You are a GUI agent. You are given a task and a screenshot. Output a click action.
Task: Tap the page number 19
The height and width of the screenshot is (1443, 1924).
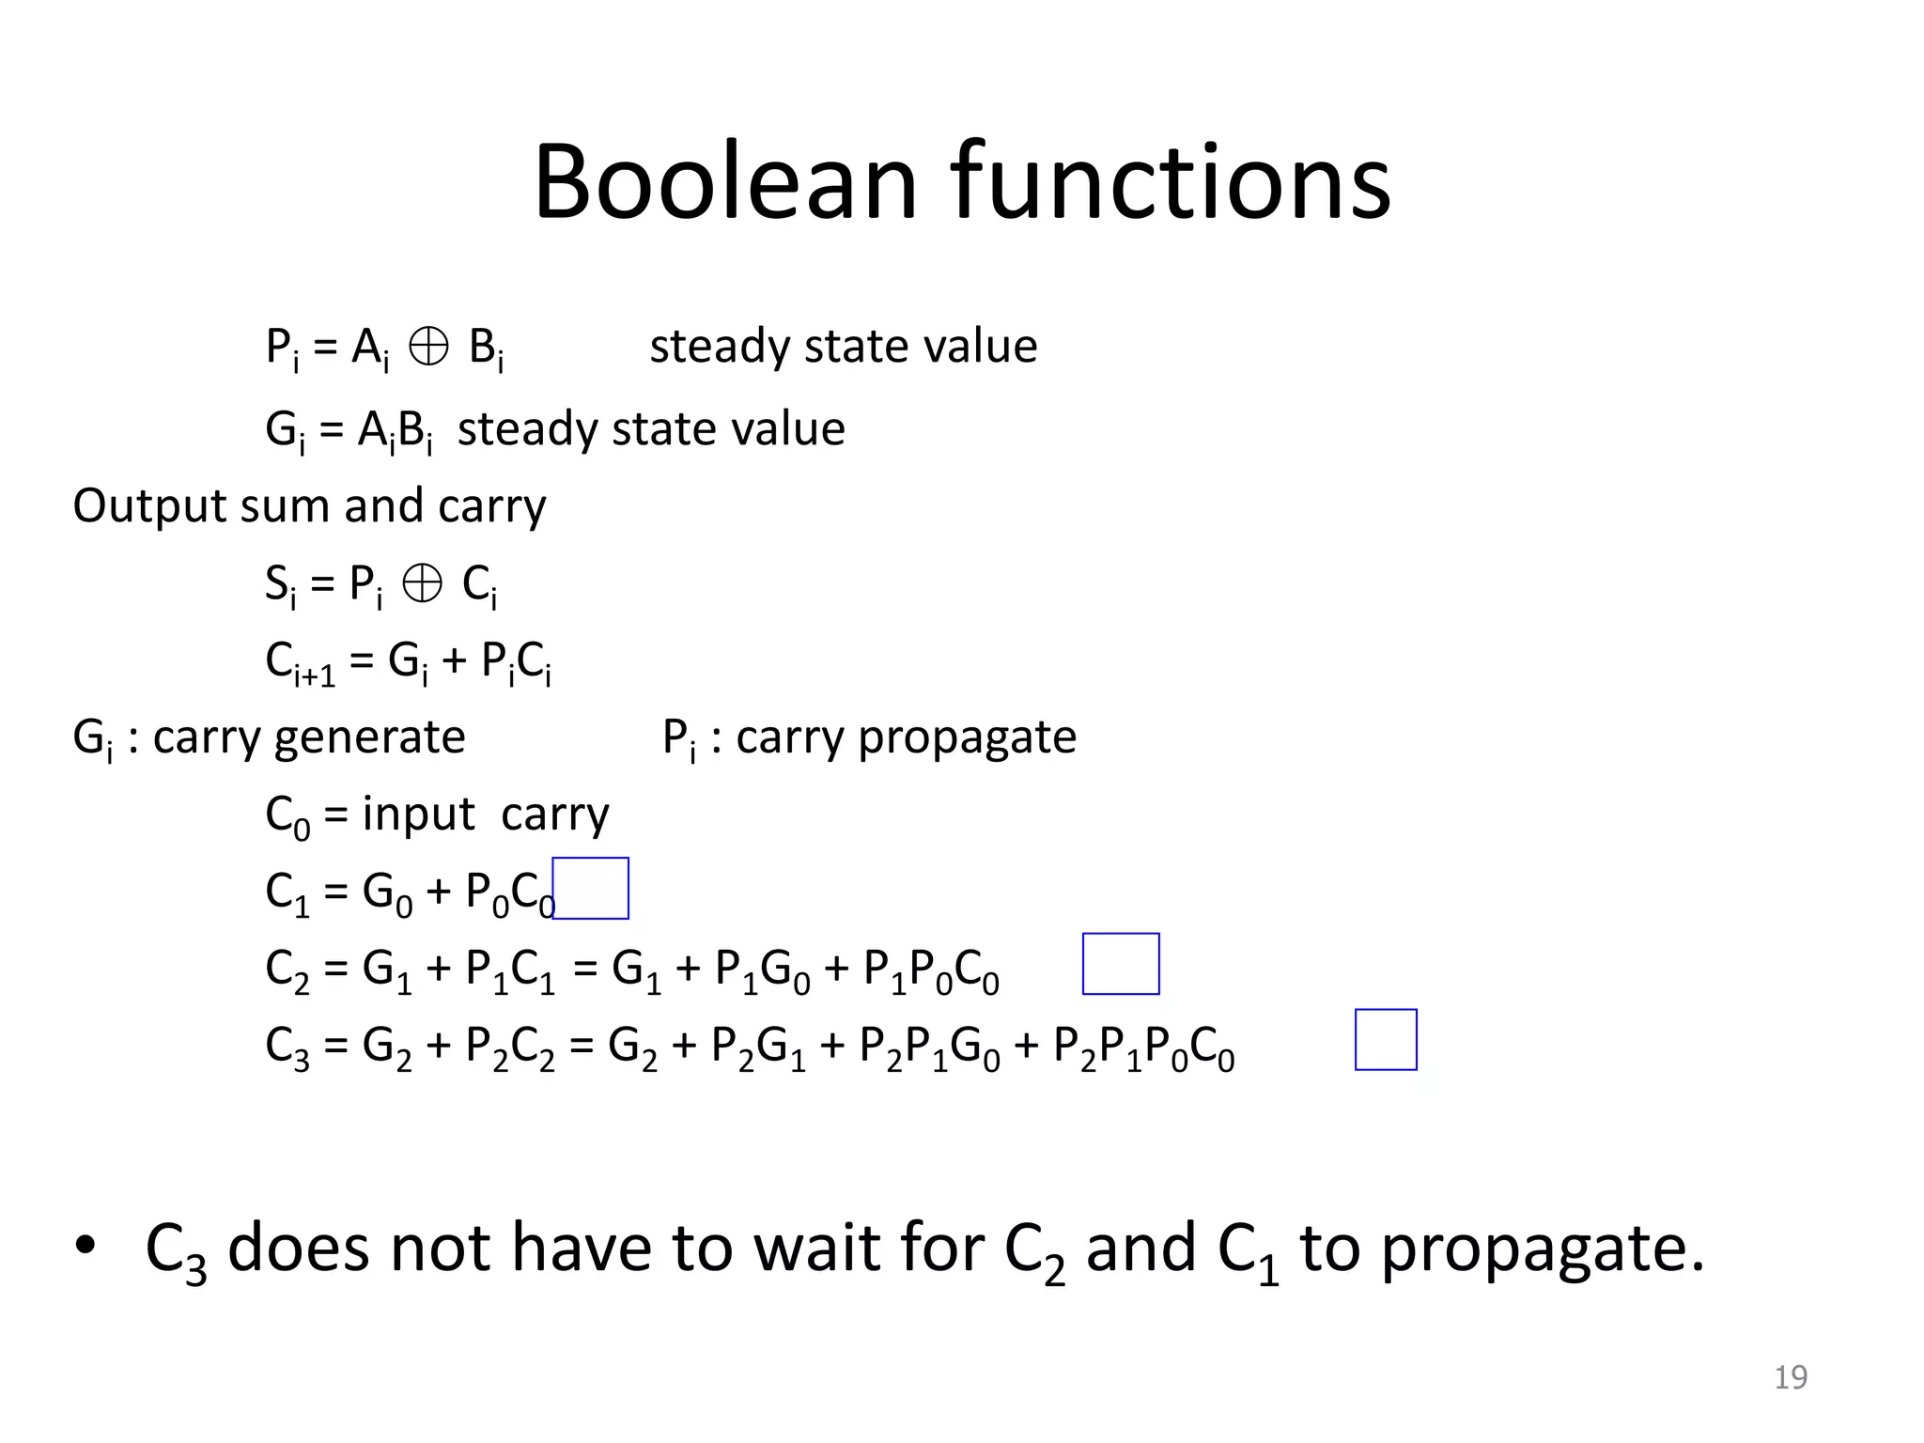[1790, 1377]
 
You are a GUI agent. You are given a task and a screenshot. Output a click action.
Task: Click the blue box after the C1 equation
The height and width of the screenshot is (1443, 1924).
[591, 888]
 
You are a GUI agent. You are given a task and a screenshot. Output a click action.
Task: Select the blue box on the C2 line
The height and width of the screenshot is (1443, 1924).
[1121, 964]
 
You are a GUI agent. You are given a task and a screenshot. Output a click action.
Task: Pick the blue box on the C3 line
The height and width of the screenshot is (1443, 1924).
[1386, 1040]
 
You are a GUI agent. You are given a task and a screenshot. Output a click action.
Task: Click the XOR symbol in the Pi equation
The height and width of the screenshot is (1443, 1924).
[429, 348]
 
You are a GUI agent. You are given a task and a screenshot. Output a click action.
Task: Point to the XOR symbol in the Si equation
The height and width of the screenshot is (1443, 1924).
[422, 585]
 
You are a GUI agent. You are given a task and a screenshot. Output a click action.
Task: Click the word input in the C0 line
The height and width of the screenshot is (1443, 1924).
[418, 814]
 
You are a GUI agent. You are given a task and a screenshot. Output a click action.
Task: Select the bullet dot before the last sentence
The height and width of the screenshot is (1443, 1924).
[85, 1246]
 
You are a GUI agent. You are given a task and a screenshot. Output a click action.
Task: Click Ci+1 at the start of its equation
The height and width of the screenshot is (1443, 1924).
[299, 663]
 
